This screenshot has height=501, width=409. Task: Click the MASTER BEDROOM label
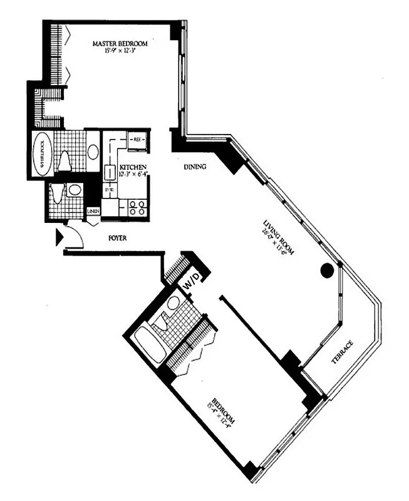[120, 43]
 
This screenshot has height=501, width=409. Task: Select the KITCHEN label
[133, 167]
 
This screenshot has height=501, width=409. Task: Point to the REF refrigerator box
[138, 139]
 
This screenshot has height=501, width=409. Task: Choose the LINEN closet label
[93, 210]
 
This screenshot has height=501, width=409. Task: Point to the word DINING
[195, 167]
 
